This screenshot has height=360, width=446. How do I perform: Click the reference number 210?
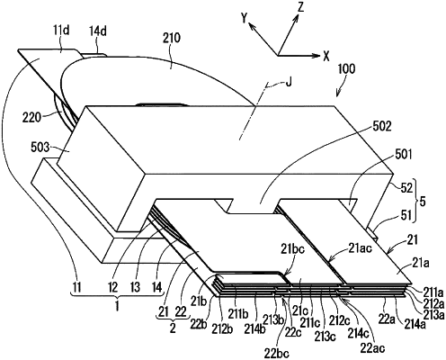[x=171, y=38]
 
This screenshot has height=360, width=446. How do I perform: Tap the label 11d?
[x=61, y=31]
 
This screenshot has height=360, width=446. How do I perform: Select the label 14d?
[x=98, y=31]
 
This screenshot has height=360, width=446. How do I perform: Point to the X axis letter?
[x=326, y=56]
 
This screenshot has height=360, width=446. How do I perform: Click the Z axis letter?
[x=301, y=7]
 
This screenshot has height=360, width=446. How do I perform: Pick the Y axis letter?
[x=245, y=19]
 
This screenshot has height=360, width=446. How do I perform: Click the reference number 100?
[x=346, y=69]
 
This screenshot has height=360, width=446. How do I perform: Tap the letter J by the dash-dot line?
[x=288, y=82]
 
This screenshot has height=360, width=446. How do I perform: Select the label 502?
[x=381, y=127]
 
